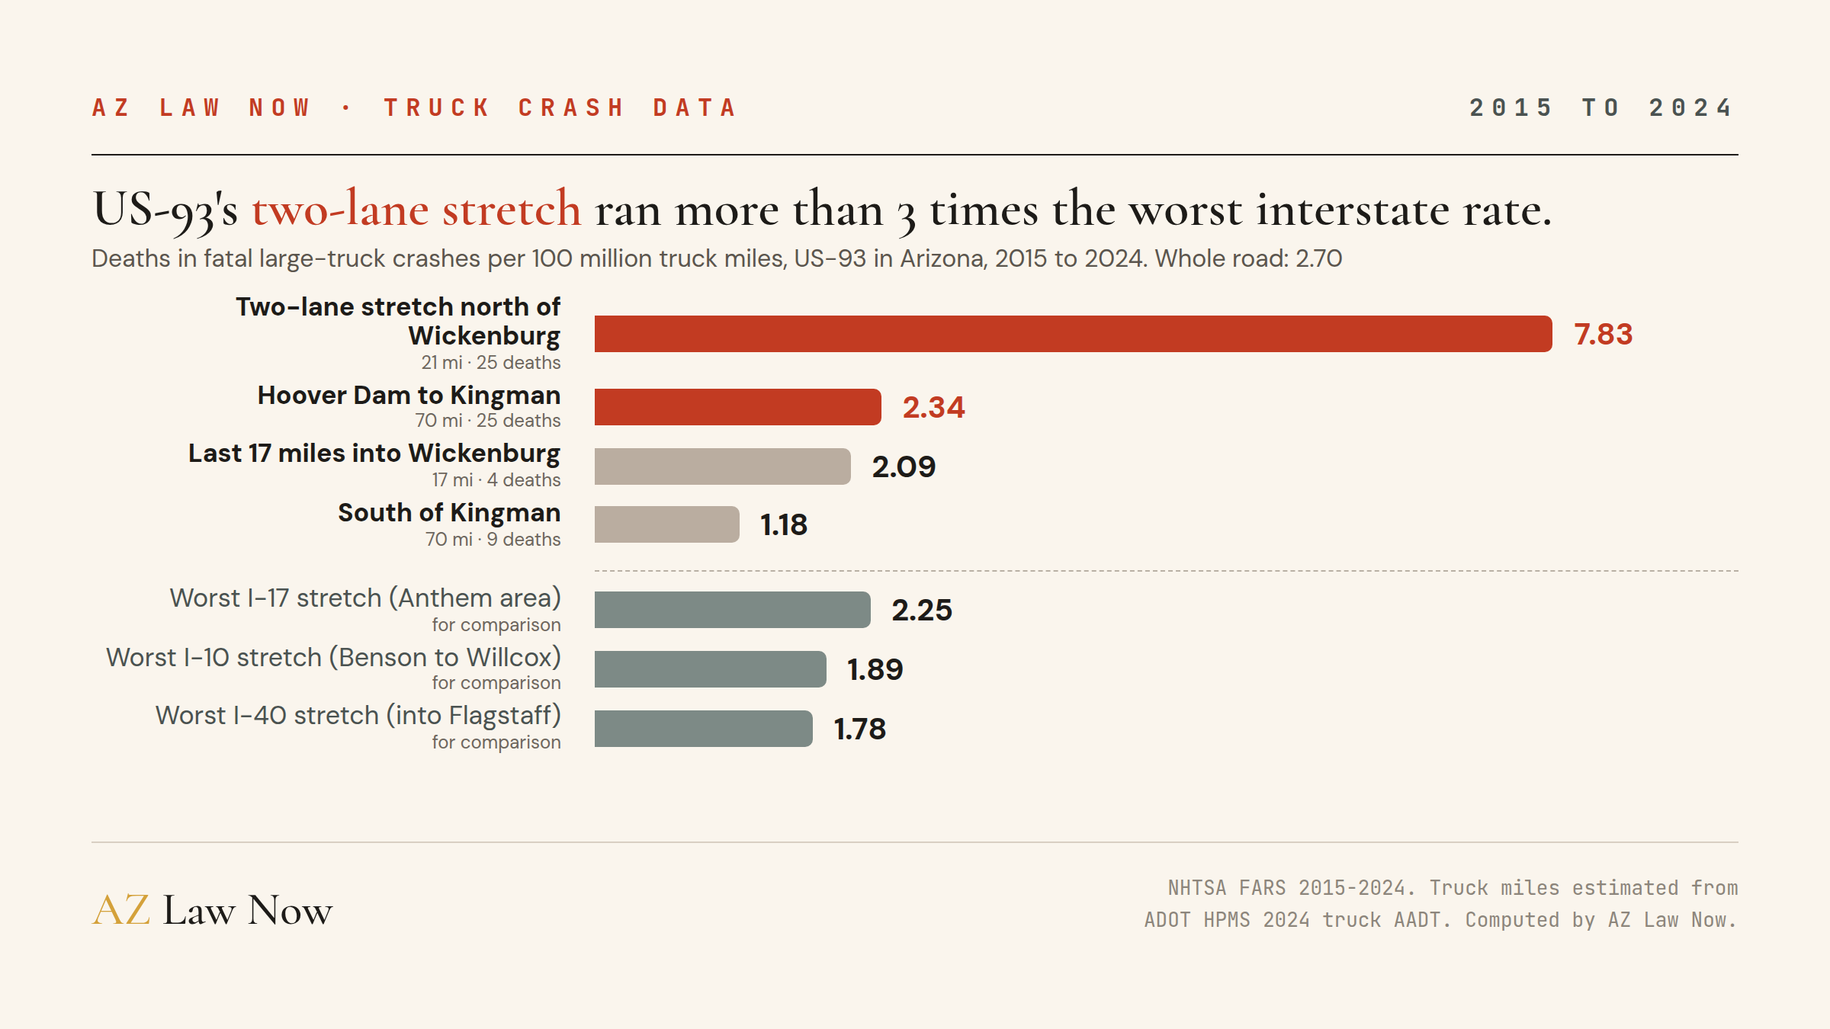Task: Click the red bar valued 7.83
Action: [x=1073, y=334]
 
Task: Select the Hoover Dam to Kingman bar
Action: [x=737, y=407]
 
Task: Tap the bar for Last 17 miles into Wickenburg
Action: [x=722, y=466]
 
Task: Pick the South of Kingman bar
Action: [x=666, y=524]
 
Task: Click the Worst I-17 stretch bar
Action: [x=732, y=610]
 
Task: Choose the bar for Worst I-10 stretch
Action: [x=710, y=669]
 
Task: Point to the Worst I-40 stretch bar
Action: [x=703, y=729]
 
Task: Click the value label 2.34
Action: [x=933, y=408]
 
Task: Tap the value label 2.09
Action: [x=904, y=467]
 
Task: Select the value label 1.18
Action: [x=784, y=525]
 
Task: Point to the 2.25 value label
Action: [x=922, y=611]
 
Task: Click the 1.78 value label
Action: [x=860, y=729]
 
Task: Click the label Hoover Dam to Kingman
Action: [x=409, y=395]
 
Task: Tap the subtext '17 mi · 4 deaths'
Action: [x=496, y=480]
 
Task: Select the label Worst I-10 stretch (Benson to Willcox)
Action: [x=333, y=657]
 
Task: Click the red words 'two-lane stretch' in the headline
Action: [x=416, y=209]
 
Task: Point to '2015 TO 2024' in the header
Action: [x=1602, y=107]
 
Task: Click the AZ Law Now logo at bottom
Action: [x=212, y=909]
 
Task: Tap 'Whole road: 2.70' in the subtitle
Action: [x=1248, y=258]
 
